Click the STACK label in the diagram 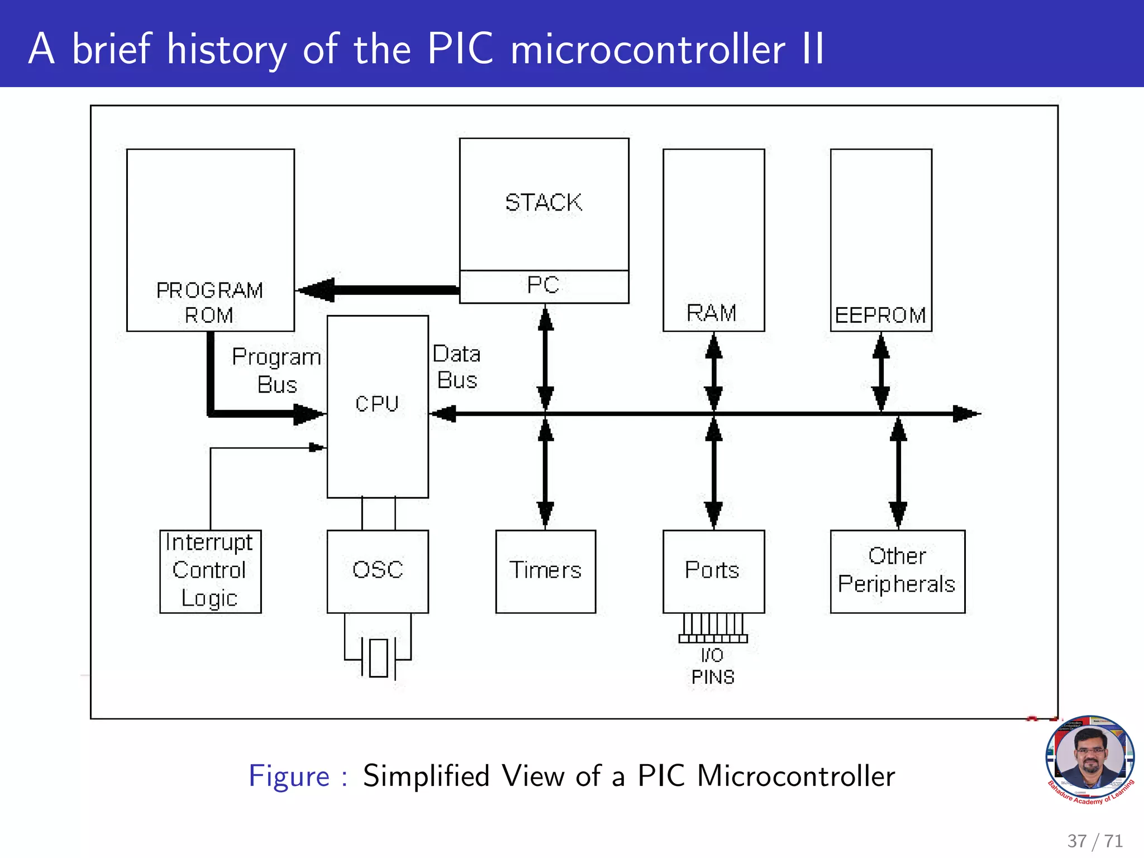[x=544, y=202]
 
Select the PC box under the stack [x=544, y=286]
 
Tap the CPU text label [x=377, y=404]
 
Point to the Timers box [x=545, y=571]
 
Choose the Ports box [x=713, y=571]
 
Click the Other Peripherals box [x=897, y=571]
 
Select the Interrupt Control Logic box [x=210, y=571]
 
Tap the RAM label [x=712, y=313]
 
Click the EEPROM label [x=880, y=316]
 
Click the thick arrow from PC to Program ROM [x=380, y=290]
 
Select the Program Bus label [x=277, y=370]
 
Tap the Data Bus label [x=457, y=367]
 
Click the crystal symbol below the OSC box [x=378, y=657]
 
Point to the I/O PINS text [x=713, y=666]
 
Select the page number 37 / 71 [x=1095, y=841]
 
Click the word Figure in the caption [x=289, y=776]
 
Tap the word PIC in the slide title [x=460, y=49]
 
